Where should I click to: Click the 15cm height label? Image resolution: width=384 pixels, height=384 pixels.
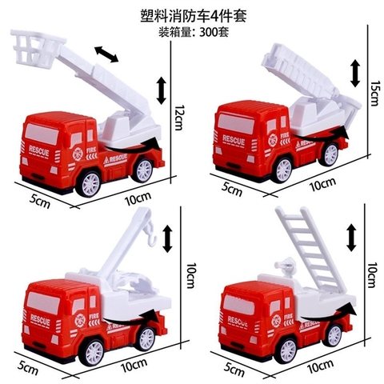374,94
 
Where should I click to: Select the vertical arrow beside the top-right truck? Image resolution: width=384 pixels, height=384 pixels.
354,73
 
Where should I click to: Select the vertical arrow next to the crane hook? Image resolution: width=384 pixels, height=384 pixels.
167,236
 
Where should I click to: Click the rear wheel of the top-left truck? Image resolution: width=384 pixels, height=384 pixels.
143,170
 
